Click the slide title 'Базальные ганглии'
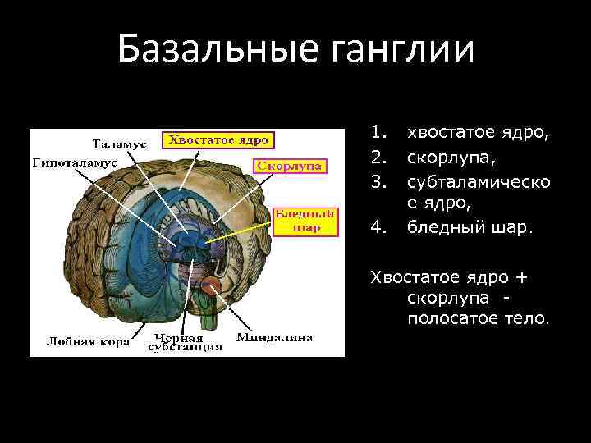point(295,48)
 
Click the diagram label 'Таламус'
point(118,143)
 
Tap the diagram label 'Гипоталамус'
point(76,162)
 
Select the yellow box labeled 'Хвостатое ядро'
point(218,139)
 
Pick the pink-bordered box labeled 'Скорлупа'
point(290,166)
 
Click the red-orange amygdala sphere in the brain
point(212,285)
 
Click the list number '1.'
point(378,132)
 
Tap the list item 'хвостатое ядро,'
point(473,132)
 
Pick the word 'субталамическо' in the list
point(479,179)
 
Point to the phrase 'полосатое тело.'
point(477,317)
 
